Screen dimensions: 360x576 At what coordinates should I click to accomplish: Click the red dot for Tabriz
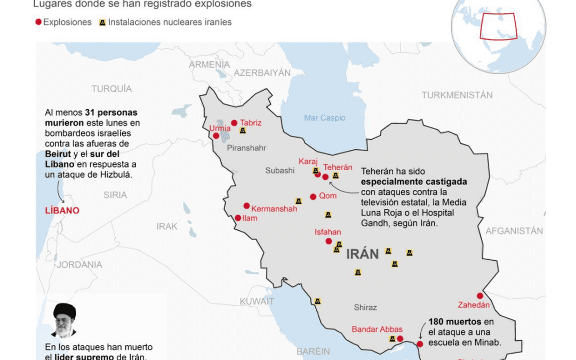point(234,123)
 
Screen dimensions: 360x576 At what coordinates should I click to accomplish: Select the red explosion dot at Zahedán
point(480,296)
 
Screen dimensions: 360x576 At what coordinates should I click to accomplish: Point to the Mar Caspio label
point(325,118)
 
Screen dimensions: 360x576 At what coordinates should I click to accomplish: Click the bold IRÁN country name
point(363,254)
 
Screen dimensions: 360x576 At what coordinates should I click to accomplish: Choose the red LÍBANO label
point(62,211)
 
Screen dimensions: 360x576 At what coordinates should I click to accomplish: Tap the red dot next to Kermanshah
point(246,206)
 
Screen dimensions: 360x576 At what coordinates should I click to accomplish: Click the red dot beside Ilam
point(238,218)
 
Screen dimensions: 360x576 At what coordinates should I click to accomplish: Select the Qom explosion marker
point(313,196)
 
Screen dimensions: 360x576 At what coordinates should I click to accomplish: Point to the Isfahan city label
point(328,232)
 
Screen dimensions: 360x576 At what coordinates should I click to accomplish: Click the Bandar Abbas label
point(377,329)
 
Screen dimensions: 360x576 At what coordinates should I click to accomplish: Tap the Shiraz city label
point(365,307)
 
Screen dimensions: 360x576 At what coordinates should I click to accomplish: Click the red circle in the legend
point(38,22)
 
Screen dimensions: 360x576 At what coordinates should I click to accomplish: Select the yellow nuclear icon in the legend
point(102,22)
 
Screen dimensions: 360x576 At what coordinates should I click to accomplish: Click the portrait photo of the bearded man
point(64,321)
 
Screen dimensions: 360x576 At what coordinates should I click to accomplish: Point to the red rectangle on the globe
point(498,26)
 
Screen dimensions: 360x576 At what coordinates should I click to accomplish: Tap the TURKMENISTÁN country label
point(457,95)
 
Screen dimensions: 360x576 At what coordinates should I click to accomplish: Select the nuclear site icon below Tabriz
point(243,131)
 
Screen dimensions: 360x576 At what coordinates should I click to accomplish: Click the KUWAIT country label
point(257,301)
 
